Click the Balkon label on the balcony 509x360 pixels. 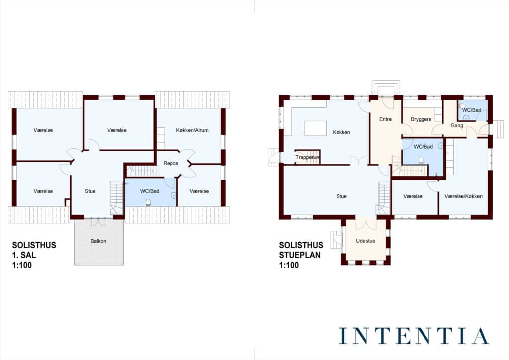(x=98, y=241)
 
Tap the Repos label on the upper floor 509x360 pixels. (x=171, y=163)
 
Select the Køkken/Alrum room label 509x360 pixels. (x=192, y=130)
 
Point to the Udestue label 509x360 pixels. (x=365, y=241)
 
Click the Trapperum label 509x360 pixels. (x=307, y=157)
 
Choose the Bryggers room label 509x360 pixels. (x=421, y=119)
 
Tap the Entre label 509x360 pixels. (x=385, y=119)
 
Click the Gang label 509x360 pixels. (x=457, y=125)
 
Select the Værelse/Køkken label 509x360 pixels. (x=463, y=196)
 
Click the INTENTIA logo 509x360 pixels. (x=414, y=336)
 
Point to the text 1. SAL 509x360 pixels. (x=24, y=255)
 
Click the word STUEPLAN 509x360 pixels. (x=300, y=255)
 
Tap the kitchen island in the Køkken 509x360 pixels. (x=316, y=128)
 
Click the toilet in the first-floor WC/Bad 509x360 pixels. (x=148, y=203)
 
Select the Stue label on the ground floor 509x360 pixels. (x=341, y=196)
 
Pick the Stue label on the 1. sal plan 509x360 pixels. (x=90, y=191)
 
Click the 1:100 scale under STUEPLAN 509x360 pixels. (x=289, y=265)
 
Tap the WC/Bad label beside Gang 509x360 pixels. (x=471, y=110)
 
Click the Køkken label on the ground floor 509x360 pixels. (x=341, y=132)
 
